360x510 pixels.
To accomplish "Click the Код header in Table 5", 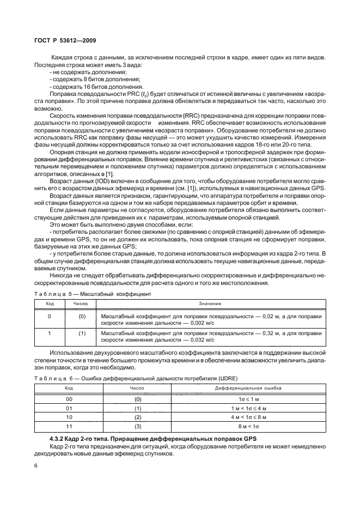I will click(x=49, y=303).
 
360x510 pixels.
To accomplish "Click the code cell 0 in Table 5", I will click(x=49, y=316).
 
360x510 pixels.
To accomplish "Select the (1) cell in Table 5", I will click(x=83, y=333).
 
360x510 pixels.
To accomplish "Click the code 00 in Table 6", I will click(x=69, y=399).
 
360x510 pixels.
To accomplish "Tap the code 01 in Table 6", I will click(x=69, y=408).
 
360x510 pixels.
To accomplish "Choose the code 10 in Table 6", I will click(x=69, y=417).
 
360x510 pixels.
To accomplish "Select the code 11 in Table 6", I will click(x=69, y=426).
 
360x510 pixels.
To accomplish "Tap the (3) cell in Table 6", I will click(x=138, y=426).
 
